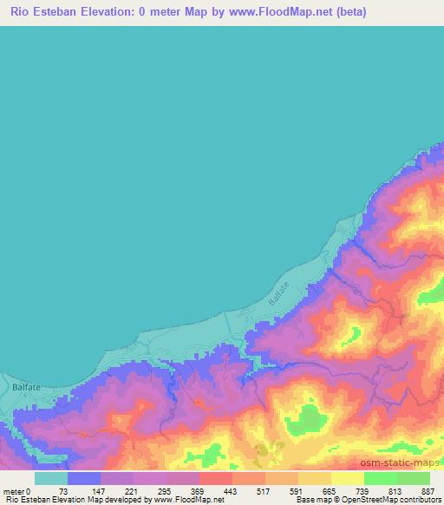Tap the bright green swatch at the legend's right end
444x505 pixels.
click(x=414, y=478)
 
